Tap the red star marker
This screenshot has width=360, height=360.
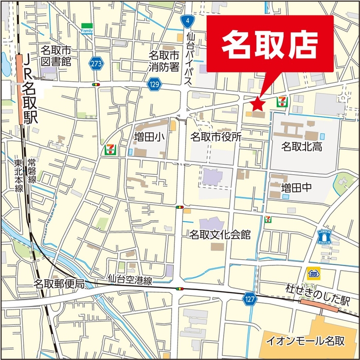tap(257, 104)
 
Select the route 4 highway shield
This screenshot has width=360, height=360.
tap(188, 21)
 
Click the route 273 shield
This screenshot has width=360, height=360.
tap(96, 63)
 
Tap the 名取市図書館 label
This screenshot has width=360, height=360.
tap(56, 56)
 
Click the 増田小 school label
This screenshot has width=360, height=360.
tap(149, 137)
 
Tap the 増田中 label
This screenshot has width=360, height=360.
tap(297, 189)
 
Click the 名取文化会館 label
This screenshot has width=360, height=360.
tap(220, 235)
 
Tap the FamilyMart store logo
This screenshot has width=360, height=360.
tap(86, 28)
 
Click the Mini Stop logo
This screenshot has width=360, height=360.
tap(313, 273)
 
